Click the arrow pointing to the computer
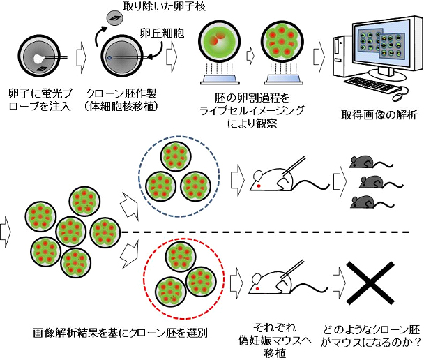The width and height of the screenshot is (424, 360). tap(322, 52)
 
